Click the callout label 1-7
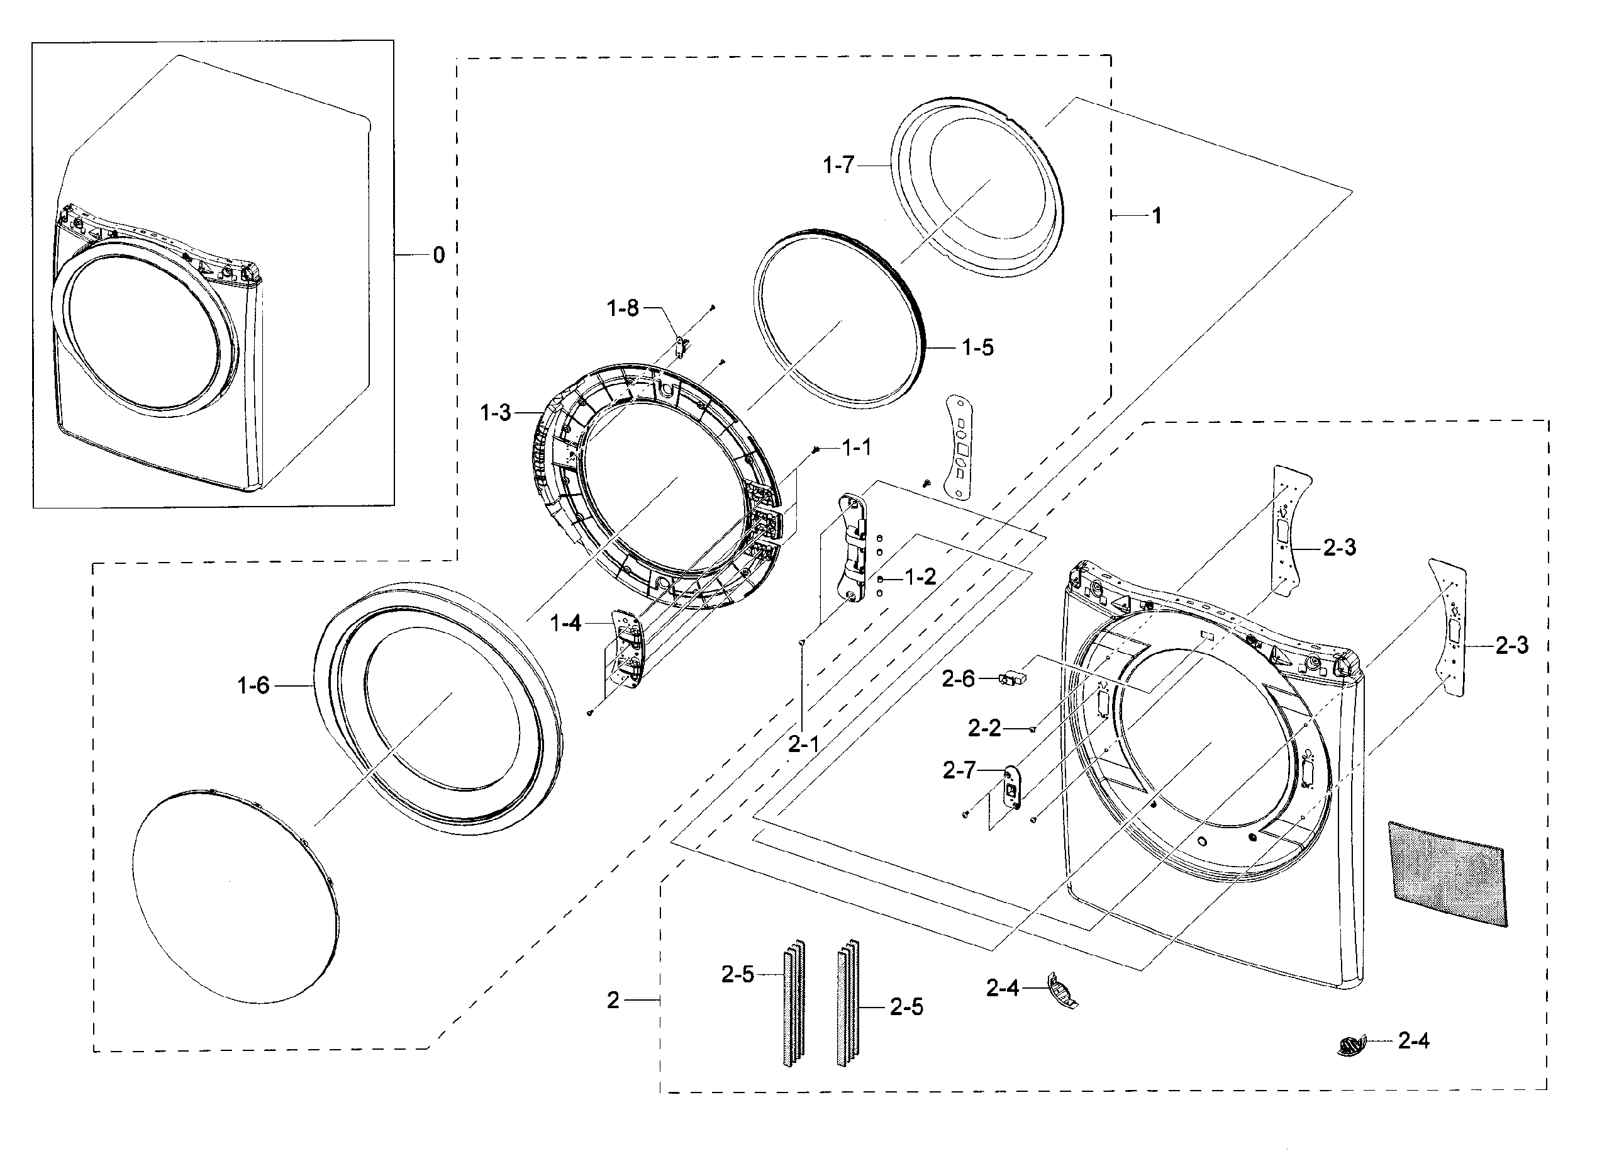(838, 166)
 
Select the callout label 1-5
(977, 347)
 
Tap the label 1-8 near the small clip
(622, 308)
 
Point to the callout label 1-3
(495, 413)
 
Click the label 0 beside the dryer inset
(438, 255)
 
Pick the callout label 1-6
(253, 685)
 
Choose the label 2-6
(958, 679)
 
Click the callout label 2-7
(959, 770)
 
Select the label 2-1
(803, 743)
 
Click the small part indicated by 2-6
(1011, 679)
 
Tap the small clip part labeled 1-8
(682, 346)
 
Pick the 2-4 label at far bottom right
(1413, 1041)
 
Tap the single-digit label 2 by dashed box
(613, 1000)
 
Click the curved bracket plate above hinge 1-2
(960, 447)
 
